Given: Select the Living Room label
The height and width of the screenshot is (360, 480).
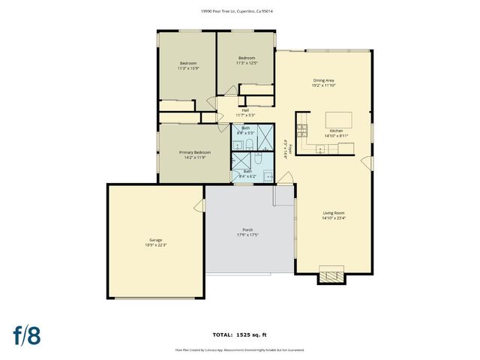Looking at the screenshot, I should (x=334, y=214).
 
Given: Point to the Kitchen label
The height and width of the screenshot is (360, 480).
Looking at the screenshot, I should (x=335, y=130).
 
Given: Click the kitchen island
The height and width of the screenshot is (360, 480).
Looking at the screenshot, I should (x=334, y=118).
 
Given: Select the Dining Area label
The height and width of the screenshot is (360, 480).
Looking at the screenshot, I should (x=323, y=79).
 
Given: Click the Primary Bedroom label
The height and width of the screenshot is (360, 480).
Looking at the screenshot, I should (x=195, y=152).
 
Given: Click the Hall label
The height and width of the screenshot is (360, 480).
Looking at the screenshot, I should (x=245, y=110).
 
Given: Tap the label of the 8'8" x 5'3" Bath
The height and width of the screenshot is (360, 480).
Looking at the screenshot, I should (x=246, y=127).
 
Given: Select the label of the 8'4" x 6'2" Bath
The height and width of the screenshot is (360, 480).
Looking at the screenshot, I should (x=247, y=172).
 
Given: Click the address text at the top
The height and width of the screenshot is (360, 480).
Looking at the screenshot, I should (x=240, y=11).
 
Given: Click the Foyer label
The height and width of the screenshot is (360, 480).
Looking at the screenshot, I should (x=285, y=149).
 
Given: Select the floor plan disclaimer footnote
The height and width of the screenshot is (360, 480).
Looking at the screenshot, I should (x=240, y=349).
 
